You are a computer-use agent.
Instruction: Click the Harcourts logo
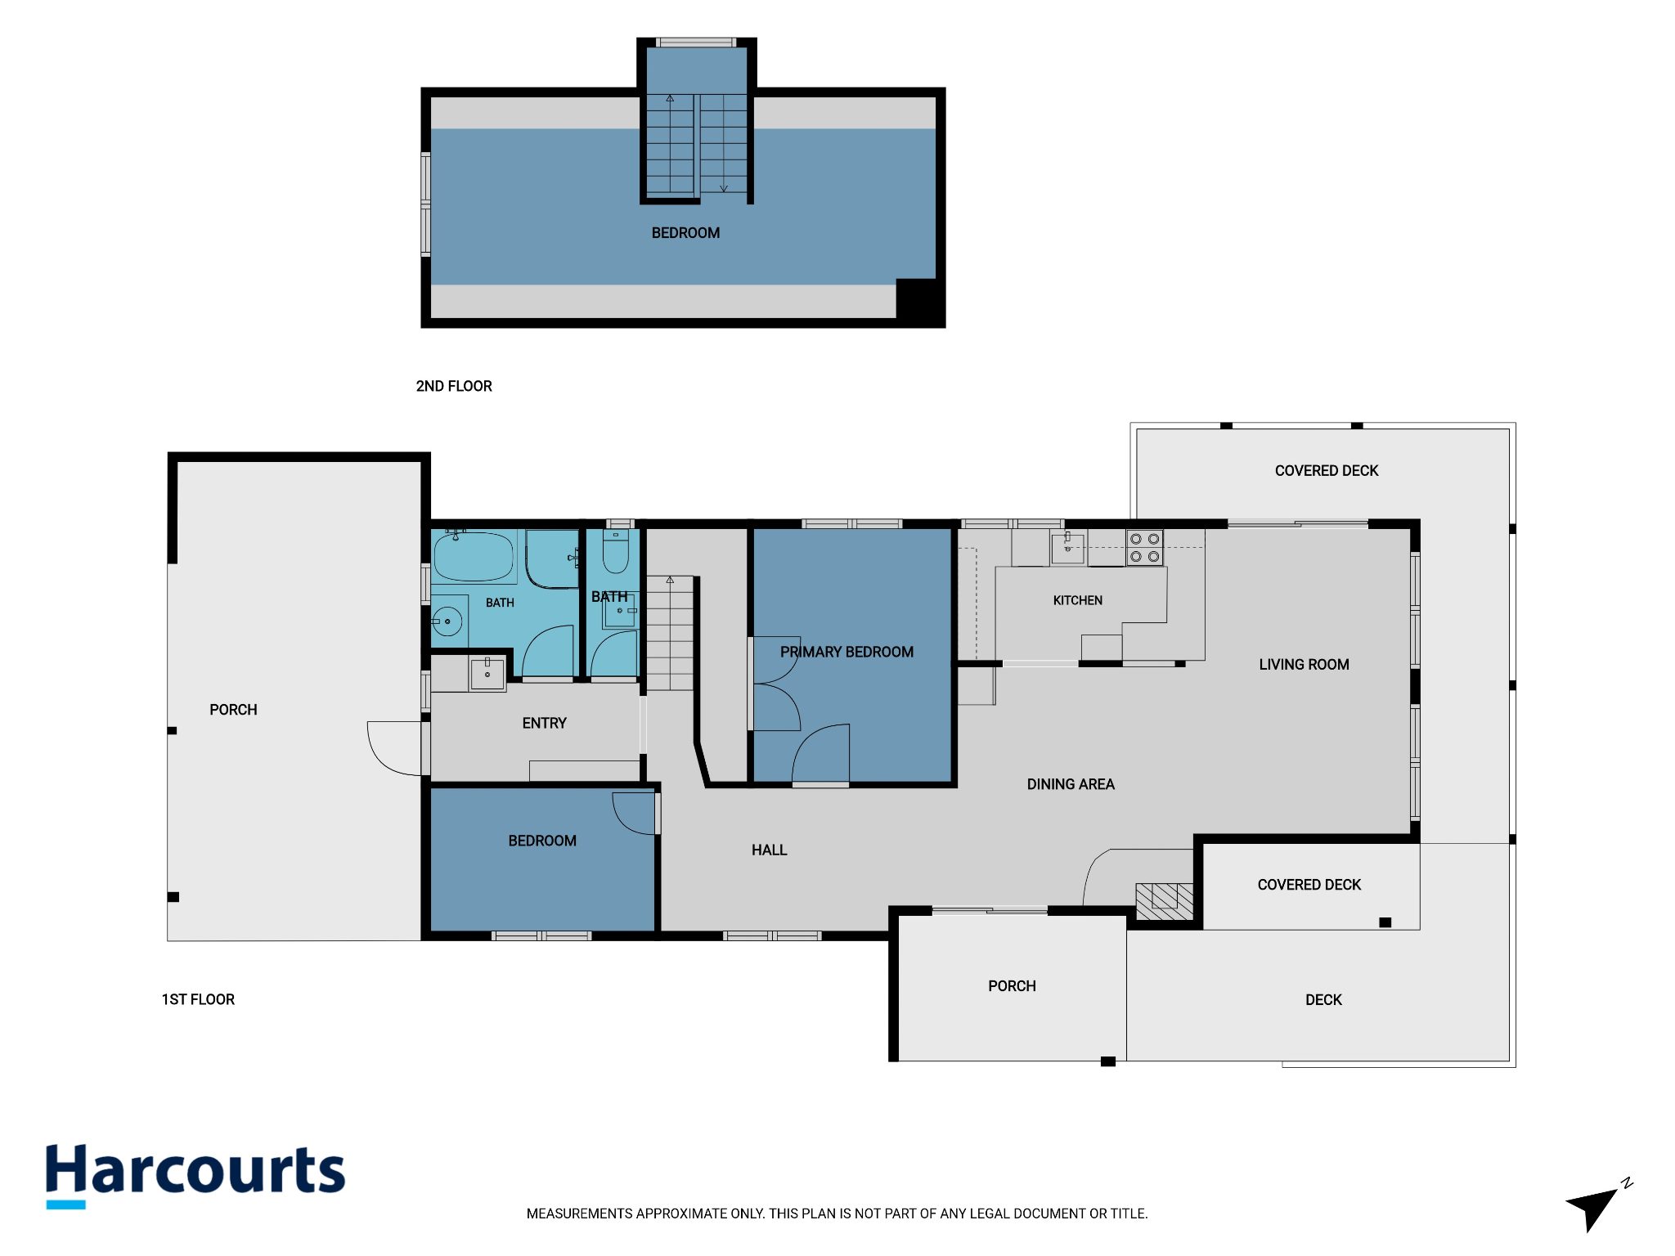tap(195, 1174)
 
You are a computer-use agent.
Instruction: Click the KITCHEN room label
tap(1077, 600)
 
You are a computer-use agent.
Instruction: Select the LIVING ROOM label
tap(1304, 665)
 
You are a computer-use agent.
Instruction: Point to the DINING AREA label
tap(1071, 784)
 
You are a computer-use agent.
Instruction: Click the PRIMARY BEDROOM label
tap(846, 652)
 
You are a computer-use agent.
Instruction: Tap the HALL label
tap(769, 850)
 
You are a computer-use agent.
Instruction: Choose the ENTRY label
tap(544, 723)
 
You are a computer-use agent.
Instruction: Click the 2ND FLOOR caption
tap(454, 386)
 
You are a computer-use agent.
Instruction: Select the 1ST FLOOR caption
tap(198, 999)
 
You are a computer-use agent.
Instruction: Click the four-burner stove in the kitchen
tap(1144, 548)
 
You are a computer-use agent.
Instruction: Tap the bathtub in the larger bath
tap(474, 557)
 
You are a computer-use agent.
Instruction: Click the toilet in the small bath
tap(615, 551)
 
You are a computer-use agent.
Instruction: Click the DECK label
tap(1323, 999)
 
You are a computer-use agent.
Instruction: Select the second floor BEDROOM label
tap(685, 233)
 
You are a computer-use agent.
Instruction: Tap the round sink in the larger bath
tap(447, 621)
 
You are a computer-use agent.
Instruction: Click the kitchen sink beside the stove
tap(1067, 548)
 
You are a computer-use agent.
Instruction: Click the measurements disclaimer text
tap(837, 1213)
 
